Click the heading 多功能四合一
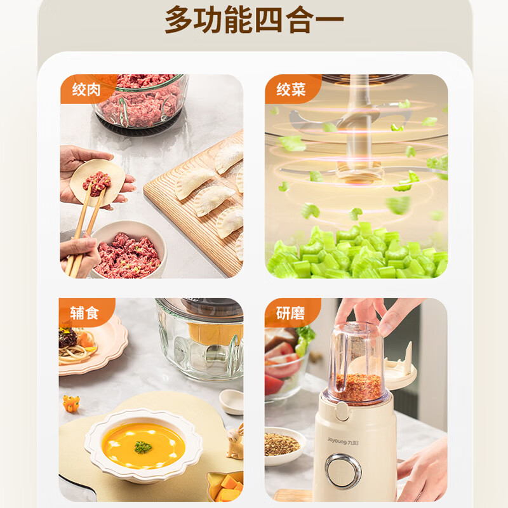tap(254, 20)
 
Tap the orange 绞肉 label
tap(86, 89)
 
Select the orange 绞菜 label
tap(291, 89)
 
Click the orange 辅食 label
tap(84, 312)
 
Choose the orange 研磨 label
tap(291, 312)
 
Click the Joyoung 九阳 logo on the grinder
tap(343, 441)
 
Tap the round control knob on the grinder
tap(343, 471)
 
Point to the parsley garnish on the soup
tap(143, 447)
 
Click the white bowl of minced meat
tap(128, 250)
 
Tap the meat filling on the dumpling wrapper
tap(97, 184)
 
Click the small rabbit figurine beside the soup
tap(236, 441)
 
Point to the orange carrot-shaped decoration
tap(71, 403)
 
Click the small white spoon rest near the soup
tap(232, 402)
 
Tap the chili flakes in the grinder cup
tap(359, 387)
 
